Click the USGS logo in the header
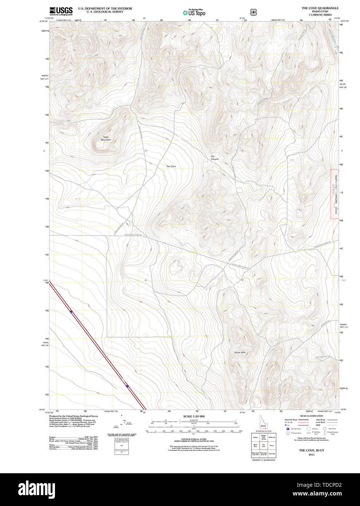pos(61,11)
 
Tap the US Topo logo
pos(194,13)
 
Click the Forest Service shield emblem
pos(253,12)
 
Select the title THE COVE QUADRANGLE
pos(320,8)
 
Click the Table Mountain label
pos(106,138)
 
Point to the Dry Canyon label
pos(215,158)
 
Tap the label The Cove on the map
pos(171,166)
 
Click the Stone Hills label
pos(240,352)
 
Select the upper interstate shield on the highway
pos(71,312)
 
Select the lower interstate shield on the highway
pos(127,386)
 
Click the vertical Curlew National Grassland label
pos(336,194)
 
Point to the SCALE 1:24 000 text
pos(194,416)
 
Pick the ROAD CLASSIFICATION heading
pos(311,416)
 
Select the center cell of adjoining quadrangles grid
pos(264,445)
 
